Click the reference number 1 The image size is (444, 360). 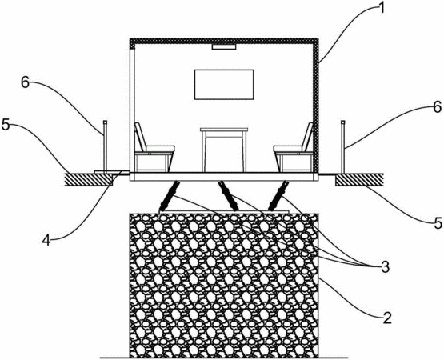(382, 8)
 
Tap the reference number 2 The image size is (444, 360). (387, 318)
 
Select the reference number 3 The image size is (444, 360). (385, 267)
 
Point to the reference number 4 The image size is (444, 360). (46, 241)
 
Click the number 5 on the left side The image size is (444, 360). (6, 125)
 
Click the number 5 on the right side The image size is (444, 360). (438, 223)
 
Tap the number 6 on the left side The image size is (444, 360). (26, 82)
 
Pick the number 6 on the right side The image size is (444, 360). (438, 107)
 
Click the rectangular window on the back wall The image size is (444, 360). (224, 85)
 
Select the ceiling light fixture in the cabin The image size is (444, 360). (224, 47)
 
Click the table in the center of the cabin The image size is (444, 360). (224, 150)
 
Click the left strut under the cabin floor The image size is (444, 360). (170, 196)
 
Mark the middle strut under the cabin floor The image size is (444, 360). (228, 196)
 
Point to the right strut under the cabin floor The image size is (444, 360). (278, 196)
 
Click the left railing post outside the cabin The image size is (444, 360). (105, 146)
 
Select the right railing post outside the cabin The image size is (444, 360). (343, 146)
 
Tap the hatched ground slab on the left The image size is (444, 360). (89, 179)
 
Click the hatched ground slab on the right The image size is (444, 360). (359, 179)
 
